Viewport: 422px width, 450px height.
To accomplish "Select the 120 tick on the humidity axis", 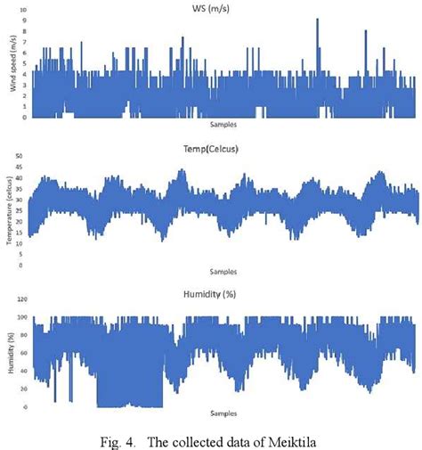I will [x=23, y=299].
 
